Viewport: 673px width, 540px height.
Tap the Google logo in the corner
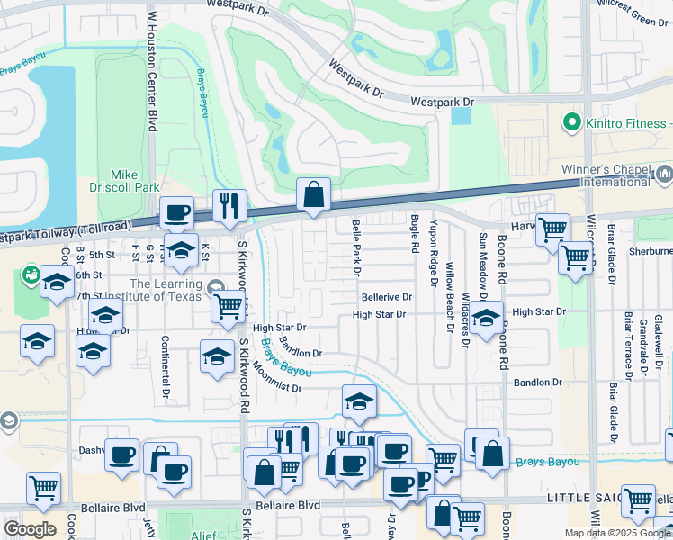(30, 528)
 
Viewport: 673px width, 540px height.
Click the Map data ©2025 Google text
(618, 533)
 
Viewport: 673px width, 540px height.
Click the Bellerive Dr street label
(386, 296)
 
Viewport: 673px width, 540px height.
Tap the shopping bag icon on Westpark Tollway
(314, 193)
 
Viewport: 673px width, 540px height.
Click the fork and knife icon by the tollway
(229, 205)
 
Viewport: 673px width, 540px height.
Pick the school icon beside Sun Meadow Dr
(486, 319)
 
